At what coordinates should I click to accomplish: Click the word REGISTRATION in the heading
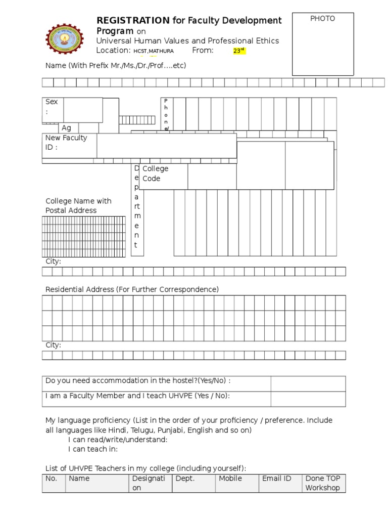[133, 20]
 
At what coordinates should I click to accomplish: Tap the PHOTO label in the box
[322, 19]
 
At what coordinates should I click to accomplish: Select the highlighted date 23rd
[238, 51]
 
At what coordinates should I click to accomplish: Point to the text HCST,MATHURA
[154, 51]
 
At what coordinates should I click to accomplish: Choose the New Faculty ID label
[66, 143]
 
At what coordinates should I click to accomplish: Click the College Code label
[155, 174]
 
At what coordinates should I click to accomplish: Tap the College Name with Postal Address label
[78, 205]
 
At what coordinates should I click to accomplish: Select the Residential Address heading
[132, 289]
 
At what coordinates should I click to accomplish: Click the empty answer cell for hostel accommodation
[308, 383]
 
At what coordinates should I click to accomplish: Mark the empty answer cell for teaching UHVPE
[308, 399]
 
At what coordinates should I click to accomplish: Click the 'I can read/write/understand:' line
[118, 440]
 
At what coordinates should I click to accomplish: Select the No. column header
[52, 479]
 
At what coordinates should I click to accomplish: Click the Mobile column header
[230, 479]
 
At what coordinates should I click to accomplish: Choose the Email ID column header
[276, 479]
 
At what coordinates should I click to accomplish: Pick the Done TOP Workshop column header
[323, 483]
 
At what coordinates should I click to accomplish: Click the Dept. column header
[184, 479]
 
